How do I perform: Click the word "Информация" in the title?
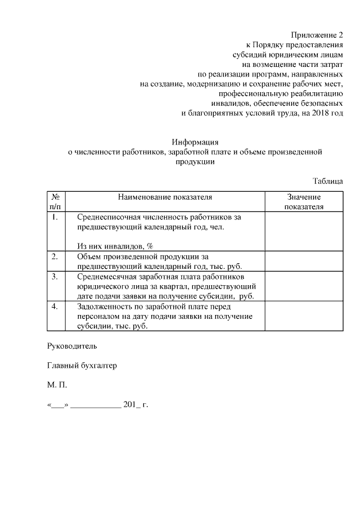pos(195,142)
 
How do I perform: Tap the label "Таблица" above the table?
pos(327,181)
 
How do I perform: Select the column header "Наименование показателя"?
pos(165,197)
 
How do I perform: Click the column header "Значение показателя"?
pos(304,202)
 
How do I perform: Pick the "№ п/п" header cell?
pos(56,202)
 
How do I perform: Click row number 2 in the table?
pos(55,257)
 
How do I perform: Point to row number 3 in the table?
pos(55,277)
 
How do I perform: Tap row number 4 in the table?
pos(55,307)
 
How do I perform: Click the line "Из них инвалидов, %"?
pos(115,246)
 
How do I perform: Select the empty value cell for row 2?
pos(304,262)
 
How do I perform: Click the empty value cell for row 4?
pos(304,316)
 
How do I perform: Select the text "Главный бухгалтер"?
pos(82,366)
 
